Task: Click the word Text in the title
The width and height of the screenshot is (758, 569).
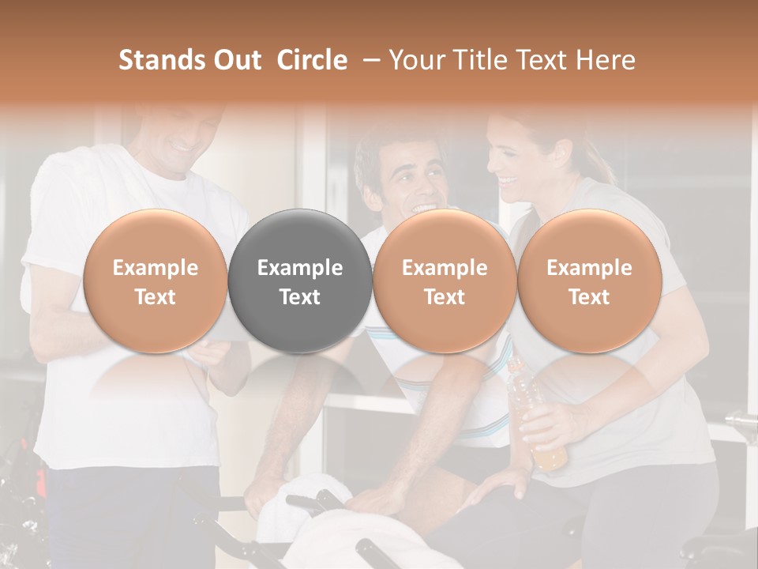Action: (553, 60)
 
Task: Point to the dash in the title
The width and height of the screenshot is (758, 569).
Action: (369, 60)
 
